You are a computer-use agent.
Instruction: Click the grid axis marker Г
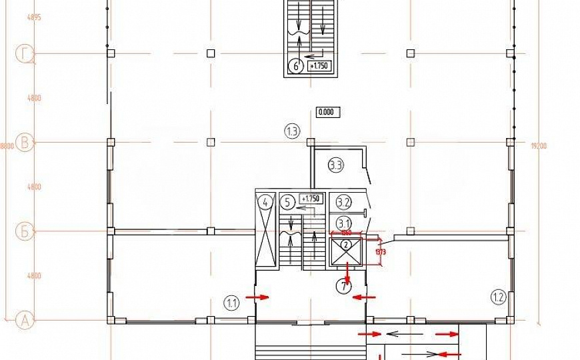[x=25, y=53]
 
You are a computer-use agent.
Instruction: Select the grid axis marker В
[x=25, y=143]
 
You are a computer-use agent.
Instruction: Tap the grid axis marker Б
[x=25, y=232]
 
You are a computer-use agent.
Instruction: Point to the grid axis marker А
[x=25, y=321]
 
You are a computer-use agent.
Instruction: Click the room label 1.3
[x=291, y=131]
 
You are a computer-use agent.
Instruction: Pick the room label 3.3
[x=335, y=165]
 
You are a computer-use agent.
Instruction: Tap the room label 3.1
[x=343, y=223]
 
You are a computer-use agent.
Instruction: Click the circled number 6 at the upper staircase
[x=295, y=66]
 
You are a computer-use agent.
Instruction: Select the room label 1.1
[x=231, y=304]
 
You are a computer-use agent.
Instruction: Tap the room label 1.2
[x=497, y=296]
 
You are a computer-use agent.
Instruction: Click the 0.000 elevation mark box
[x=327, y=112]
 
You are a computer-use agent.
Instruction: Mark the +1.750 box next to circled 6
[x=318, y=66]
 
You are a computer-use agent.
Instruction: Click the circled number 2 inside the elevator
[x=346, y=244]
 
